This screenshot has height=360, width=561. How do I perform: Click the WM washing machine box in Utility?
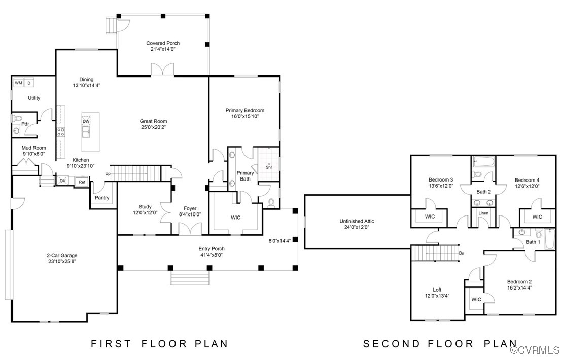[x=18, y=83]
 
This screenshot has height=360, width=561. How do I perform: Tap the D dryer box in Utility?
[x=29, y=83]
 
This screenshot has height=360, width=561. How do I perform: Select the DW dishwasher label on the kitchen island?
[x=86, y=121]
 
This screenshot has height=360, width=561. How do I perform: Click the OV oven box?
[x=63, y=181]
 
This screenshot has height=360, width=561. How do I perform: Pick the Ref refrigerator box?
[x=82, y=182]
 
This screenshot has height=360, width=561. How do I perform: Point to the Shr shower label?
[x=269, y=167]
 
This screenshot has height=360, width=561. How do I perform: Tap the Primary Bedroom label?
[x=245, y=110]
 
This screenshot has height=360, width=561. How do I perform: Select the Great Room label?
[x=153, y=121]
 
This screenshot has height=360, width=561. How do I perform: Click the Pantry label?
[x=102, y=198]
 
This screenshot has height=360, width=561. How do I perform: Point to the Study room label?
[x=145, y=207]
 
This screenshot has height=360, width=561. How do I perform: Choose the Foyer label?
[x=190, y=208]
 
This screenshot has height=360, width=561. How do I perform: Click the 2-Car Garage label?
[x=62, y=256]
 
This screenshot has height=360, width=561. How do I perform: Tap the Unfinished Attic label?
[x=357, y=221]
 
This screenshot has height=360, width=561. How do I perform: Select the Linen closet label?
[x=483, y=213]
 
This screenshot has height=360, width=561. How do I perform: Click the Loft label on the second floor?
[x=437, y=290]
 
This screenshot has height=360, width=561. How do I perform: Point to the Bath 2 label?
[x=483, y=192]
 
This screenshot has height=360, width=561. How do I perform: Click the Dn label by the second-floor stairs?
[x=461, y=253]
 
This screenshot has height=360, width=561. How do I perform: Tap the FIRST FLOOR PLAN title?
[x=159, y=344]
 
